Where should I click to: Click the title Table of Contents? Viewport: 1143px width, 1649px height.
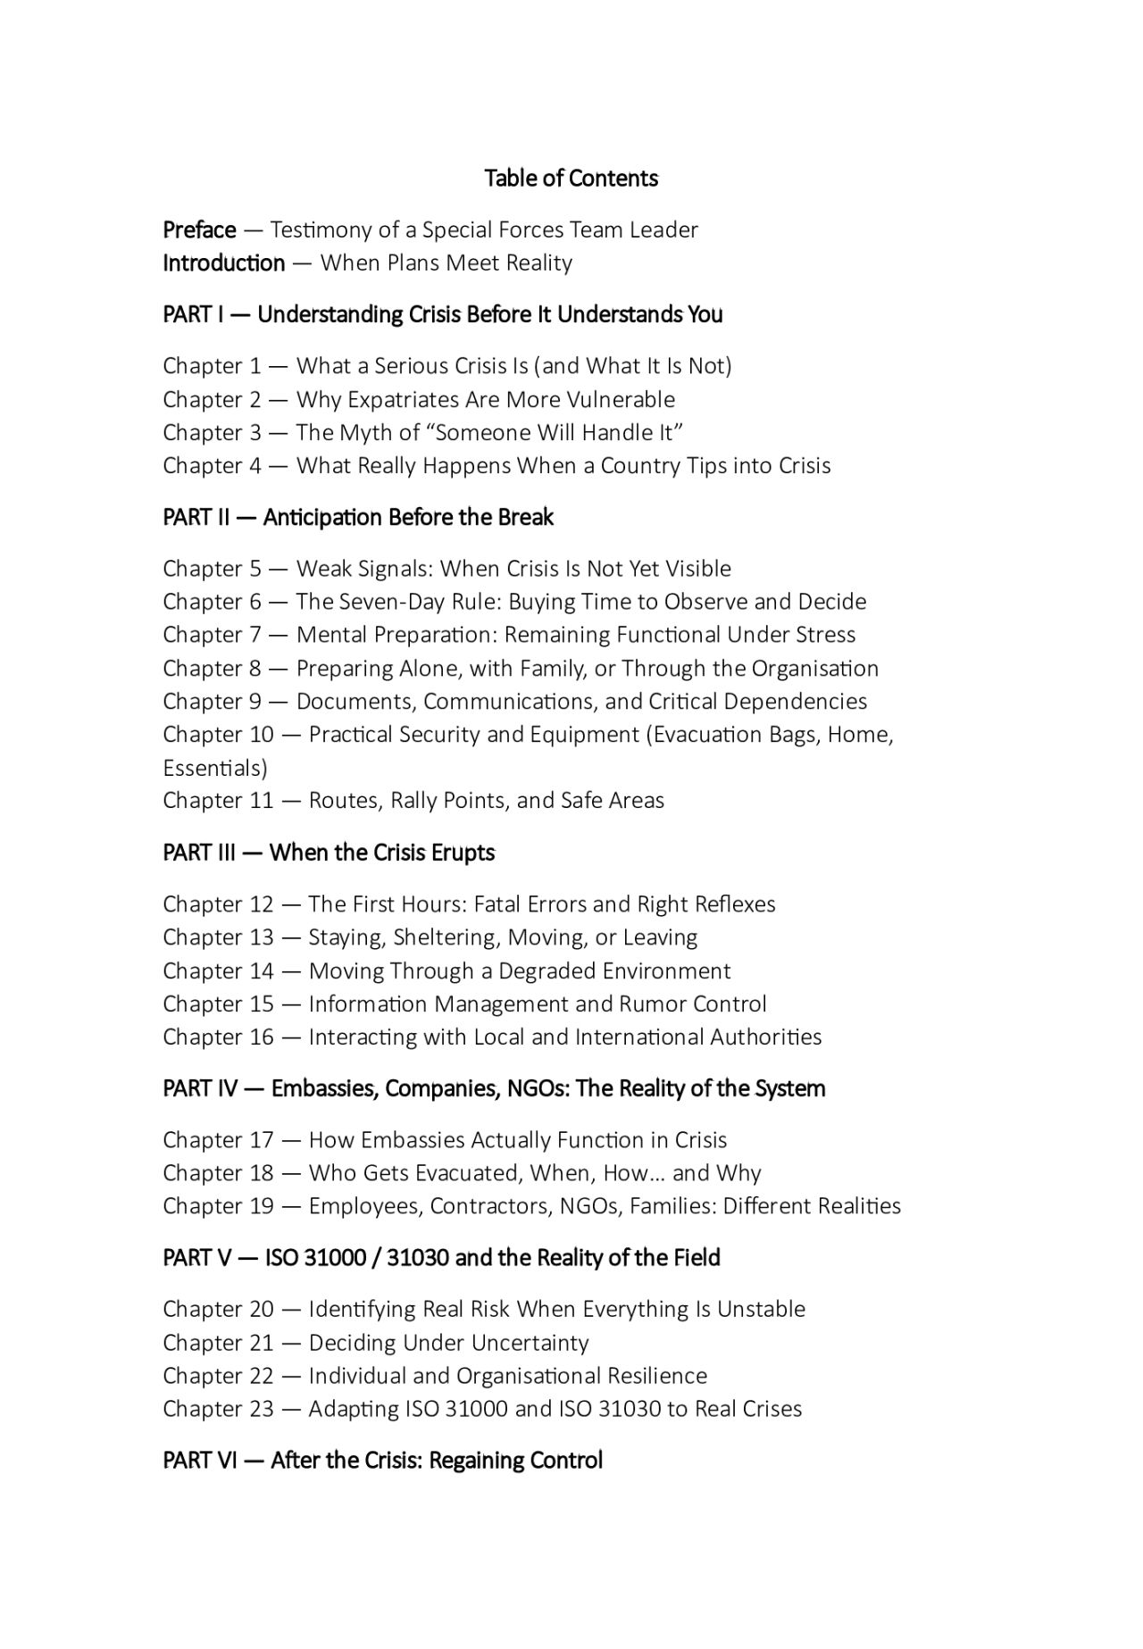click(571, 179)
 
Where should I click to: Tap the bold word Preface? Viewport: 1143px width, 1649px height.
click(199, 230)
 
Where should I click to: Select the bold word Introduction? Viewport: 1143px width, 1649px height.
click(224, 263)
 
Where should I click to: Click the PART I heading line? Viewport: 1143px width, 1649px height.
click(442, 314)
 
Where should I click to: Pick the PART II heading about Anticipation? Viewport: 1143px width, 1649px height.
click(358, 518)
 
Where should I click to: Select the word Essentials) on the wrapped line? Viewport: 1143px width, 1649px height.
click(215, 768)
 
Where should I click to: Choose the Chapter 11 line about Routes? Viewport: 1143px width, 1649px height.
click(413, 801)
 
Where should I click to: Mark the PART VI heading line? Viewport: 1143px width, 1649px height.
click(382, 1462)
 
